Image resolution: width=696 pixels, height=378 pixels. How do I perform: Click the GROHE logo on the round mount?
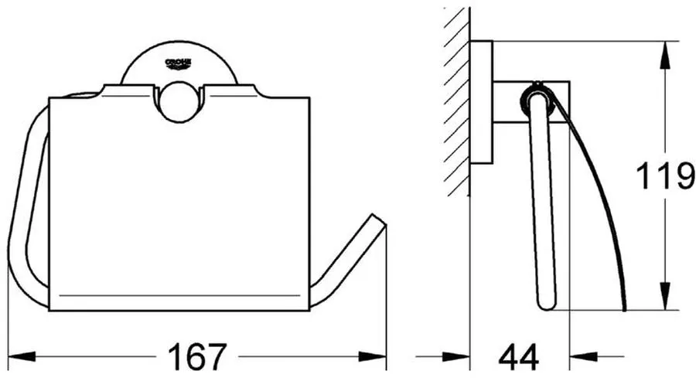click(x=178, y=64)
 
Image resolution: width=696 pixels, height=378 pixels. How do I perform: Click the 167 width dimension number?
click(x=197, y=356)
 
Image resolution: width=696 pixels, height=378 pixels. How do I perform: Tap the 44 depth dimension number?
click(x=518, y=356)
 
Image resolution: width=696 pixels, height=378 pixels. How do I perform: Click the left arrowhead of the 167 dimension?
click(x=22, y=356)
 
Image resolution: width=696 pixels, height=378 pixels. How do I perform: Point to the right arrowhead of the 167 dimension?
click(x=373, y=356)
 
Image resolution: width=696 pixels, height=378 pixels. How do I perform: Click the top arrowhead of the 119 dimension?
click(x=665, y=55)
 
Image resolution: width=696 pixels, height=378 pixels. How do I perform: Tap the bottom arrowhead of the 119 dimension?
click(x=665, y=296)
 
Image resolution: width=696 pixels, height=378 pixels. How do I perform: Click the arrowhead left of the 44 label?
click(x=455, y=356)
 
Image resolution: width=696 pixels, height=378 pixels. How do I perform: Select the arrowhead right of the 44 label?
click(x=583, y=356)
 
